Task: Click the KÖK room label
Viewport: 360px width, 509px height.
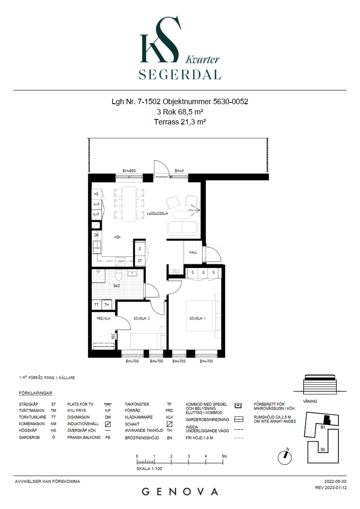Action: coord(117,237)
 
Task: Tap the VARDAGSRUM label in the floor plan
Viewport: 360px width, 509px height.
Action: coord(157,214)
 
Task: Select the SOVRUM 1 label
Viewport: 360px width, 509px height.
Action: coord(197,319)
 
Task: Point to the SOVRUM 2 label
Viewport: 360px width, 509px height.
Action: coord(142,319)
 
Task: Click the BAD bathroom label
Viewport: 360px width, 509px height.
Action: coord(117,286)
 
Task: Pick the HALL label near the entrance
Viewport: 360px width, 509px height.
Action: coord(193,252)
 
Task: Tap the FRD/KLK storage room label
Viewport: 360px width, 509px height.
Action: coord(104,319)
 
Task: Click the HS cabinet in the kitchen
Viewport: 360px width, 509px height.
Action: coord(96,194)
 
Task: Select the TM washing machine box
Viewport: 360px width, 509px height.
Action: coord(107,305)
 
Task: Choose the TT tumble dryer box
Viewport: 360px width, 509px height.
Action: coord(96,305)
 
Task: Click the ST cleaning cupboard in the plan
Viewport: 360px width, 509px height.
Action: coord(140,261)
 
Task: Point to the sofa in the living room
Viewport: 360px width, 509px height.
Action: coord(182,228)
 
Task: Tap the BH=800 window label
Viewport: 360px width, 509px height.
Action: coord(129,171)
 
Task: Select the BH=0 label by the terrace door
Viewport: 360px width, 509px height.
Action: coord(179,171)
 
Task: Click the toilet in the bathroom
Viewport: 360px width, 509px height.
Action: coord(118,275)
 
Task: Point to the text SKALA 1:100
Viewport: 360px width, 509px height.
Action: coord(149,469)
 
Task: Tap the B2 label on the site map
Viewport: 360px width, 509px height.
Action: coord(323,449)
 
